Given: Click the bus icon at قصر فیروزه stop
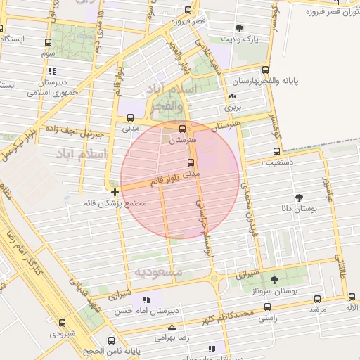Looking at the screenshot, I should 187,11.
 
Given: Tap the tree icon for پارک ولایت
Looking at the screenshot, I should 240,29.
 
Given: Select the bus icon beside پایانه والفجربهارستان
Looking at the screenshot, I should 265,70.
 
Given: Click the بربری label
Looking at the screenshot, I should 232,108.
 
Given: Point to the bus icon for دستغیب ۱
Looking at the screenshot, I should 276,151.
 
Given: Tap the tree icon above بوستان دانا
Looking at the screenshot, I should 300,198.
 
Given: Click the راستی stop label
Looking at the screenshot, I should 266,319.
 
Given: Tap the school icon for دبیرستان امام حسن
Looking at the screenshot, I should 146,300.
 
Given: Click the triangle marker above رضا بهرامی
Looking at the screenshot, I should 172,327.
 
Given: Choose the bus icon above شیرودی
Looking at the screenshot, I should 63,323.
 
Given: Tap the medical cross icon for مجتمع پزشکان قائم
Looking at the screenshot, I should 115,191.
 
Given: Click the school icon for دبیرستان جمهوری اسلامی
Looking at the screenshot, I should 53,71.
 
